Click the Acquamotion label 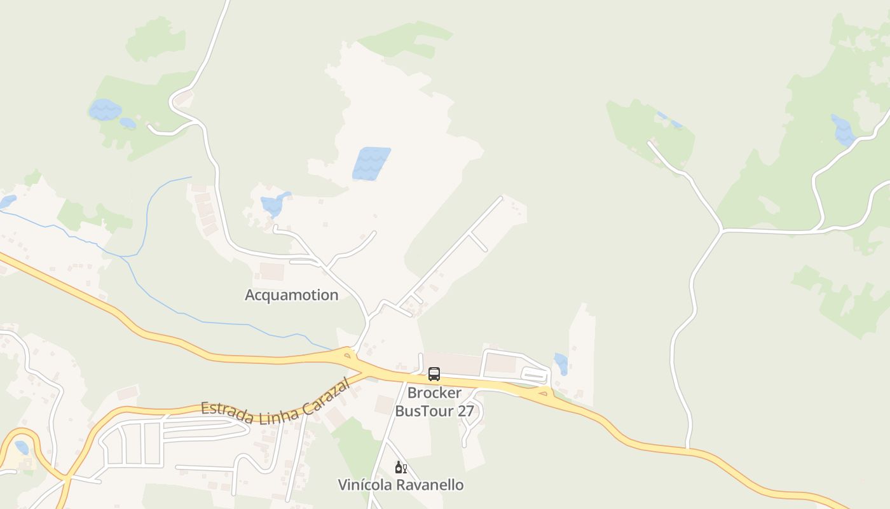coord(291,295)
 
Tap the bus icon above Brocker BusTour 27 coord(434,374)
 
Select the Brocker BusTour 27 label coord(435,402)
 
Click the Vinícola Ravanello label coord(400,485)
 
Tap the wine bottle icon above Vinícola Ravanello coord(400,468)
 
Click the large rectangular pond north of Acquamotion coord(371,164)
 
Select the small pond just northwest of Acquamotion coord(274,205)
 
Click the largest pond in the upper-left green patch coord(104,109)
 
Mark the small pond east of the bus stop coord(561,363)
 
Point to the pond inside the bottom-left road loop coord(22,447)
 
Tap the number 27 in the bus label coord(465,411)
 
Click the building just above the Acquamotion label coord(272,272)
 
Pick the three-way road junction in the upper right coord(722,229)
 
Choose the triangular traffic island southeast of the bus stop coord(542,393)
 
